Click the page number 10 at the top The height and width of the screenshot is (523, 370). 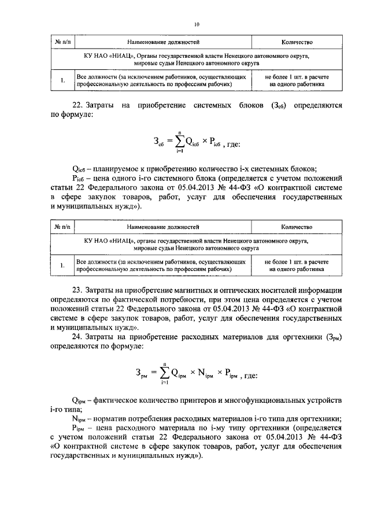click(x=197, y=24)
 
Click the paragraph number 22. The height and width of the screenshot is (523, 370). click(x=75, y=106)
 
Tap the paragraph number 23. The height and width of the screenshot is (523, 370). click(x=75, y=290)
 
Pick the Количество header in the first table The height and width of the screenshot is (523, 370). click(x=297, y=42)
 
